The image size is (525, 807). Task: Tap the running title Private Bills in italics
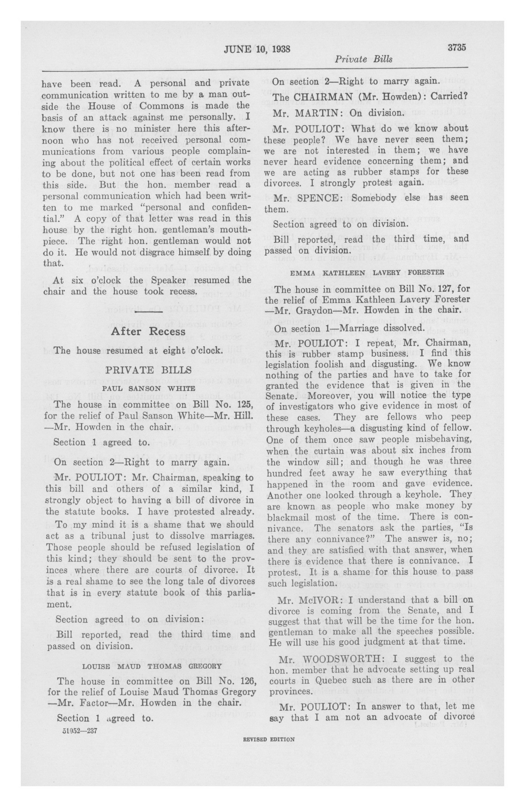coord(363,59)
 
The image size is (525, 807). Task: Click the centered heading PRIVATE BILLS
coord(148,370)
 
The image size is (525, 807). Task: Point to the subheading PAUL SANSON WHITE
coord(148,389)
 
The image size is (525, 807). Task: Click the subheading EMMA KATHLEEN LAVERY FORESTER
coord(367,272)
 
